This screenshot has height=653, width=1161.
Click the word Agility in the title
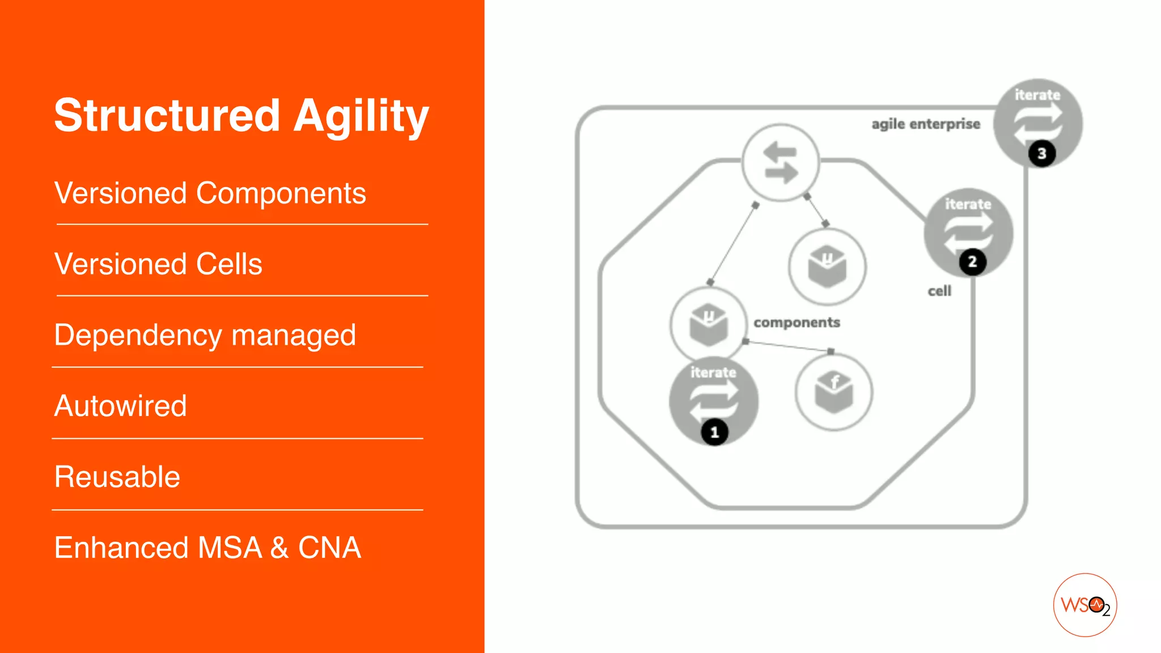coord(361,116)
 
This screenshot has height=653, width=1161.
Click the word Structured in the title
coord(167,116)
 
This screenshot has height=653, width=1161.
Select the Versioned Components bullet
coord(210,193)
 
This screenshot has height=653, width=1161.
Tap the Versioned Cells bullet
coord(158,264)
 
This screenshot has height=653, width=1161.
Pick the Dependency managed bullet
coord(205,335)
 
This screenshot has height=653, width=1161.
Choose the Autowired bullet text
coord(120,406)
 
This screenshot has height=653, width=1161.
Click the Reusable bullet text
coord(117,477)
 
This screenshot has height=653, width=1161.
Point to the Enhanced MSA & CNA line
coord(207,548)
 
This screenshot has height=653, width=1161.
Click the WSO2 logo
coord(1084,605)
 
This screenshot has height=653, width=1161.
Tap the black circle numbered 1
coord(714,432)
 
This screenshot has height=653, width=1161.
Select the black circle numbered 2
coord(972,262)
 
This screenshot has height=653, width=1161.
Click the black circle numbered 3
coord(1041,154)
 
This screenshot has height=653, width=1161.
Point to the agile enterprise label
coord(926,124)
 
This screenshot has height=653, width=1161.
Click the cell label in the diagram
coord(939,291)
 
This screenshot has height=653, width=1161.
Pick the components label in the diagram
coord(796,323)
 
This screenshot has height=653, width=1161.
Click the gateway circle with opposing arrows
coord(781,163)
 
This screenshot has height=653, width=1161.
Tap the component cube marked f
coord(833,392)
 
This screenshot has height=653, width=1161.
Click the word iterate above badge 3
coord(1037,95)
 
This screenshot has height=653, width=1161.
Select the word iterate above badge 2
coord(968,204)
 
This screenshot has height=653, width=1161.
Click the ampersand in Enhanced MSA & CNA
coord(279,548)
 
